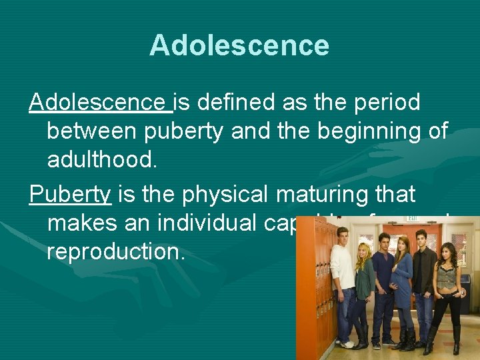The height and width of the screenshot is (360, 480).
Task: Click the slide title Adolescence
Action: click(x=239, y=45)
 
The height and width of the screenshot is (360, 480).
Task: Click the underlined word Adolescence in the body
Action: click(x=100, y=103)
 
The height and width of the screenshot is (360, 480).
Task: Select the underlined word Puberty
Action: click(x=70, y=195)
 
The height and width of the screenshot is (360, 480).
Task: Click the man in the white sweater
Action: click(x=343, y=280)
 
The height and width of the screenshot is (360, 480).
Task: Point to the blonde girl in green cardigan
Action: click(x=365, y=287)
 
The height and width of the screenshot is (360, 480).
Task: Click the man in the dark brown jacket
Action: click(x=423, y=273)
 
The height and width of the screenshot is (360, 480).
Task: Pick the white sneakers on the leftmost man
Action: click(x=345, y=344)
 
